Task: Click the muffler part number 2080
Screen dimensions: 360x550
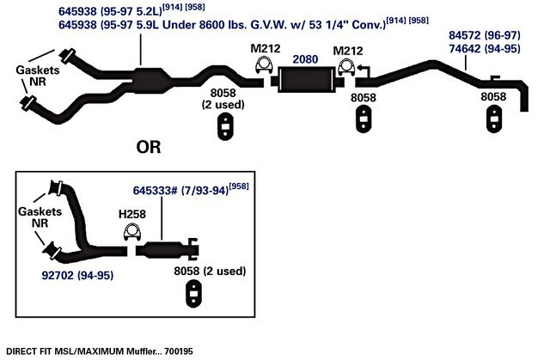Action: (x=305, y=60)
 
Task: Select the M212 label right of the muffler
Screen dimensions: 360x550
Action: (x=348, y=48)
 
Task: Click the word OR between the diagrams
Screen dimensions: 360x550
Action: (x=149, y=146)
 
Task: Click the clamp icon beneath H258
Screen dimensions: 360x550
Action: (x=134, y=232)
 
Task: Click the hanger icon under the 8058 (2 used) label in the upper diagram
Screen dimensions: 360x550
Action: (x=224, y=129)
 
